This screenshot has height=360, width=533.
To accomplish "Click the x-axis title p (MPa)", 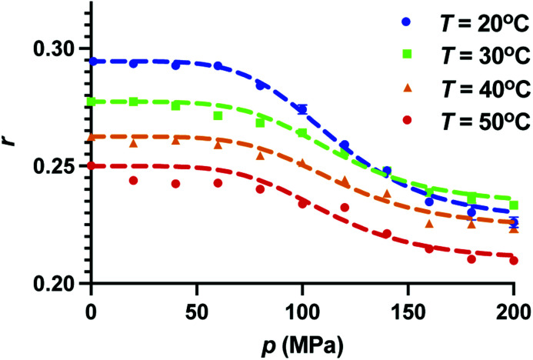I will coord(301,342).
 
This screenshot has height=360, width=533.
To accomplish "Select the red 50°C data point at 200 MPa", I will coord(513,261).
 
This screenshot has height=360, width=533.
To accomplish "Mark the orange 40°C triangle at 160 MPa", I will coord(429,223).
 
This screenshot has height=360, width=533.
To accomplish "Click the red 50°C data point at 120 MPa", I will coord(345,208).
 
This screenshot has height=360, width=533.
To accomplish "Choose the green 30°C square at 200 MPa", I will coord(513,205).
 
